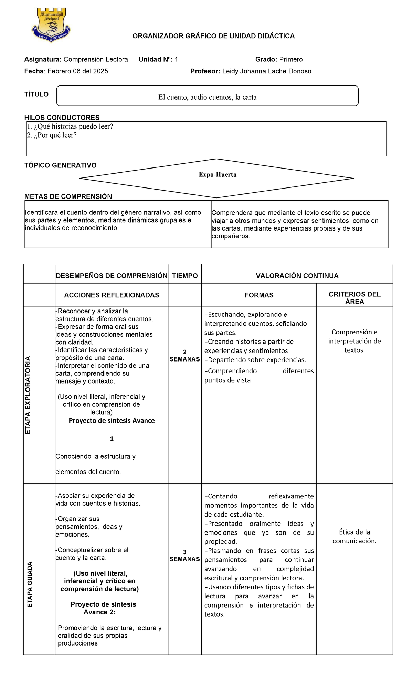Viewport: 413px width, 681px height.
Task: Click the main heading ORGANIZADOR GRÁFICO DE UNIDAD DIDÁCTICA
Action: tap(213, 36)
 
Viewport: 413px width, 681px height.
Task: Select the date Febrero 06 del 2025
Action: tap(77, 71)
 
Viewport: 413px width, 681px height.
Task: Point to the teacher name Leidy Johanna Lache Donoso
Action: tap(266, 71)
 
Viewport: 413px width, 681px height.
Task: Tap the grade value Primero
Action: tap(291, 59)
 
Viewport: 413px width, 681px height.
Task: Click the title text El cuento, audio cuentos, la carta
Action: tap(207, 97)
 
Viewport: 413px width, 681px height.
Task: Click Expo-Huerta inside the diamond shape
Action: tap(218, 175)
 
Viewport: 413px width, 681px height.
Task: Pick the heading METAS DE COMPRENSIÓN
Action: tap(68, 197)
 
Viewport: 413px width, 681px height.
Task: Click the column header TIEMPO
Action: tap(185, 276)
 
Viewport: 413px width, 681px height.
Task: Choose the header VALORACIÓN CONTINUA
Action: tap(297, 276)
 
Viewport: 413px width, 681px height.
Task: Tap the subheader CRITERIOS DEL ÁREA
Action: tap(354, 298)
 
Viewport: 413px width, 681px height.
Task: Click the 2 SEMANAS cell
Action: tap(185, 356)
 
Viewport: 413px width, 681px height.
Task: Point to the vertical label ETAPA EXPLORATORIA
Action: tap(28, 395)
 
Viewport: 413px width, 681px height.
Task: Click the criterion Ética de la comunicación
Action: tap(354, 536)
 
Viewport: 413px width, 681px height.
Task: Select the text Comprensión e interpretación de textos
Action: tap(354, 341)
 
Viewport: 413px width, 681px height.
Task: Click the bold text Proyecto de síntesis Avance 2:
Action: tap(103, 608)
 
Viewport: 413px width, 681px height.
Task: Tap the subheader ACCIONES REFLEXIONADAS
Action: tap(112, 295)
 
